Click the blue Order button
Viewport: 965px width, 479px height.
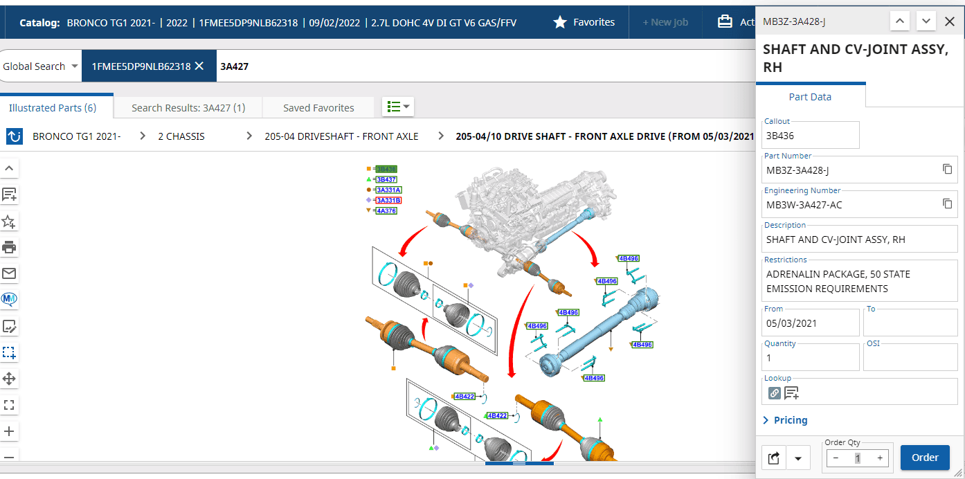click(x=925, y=457)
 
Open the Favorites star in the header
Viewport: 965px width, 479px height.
click(x=559, y=22)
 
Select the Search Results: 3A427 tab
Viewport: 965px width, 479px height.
click(x=188, y=108)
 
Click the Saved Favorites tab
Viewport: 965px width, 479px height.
click(x=318, y=108)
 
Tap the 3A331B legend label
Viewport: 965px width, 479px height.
click(x=388, y=200)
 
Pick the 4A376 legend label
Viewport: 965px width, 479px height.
click(x=386, y=210)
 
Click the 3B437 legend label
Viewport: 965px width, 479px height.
click(x=386, y=180)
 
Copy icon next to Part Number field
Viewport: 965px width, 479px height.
click(x=947, y=170)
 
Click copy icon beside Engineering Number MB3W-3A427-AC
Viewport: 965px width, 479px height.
click(x=947, y=204)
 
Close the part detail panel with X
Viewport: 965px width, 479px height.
click(x=950, y=21)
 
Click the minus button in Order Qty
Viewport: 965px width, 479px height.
click(x=836, y=458)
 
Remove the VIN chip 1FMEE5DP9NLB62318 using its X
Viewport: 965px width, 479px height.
click(x=199, y=66)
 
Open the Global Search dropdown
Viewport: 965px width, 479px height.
click(x=40, y=66)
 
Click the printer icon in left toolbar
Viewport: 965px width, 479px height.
click(x=9, y=247)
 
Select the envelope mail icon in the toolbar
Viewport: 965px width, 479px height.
click(x=9, y=273)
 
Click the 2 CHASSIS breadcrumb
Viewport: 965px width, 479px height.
click(x=181, y=136)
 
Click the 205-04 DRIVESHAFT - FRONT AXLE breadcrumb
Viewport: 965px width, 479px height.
click(x=341, y=136)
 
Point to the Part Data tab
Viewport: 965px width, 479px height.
click(x=810, y=97)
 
